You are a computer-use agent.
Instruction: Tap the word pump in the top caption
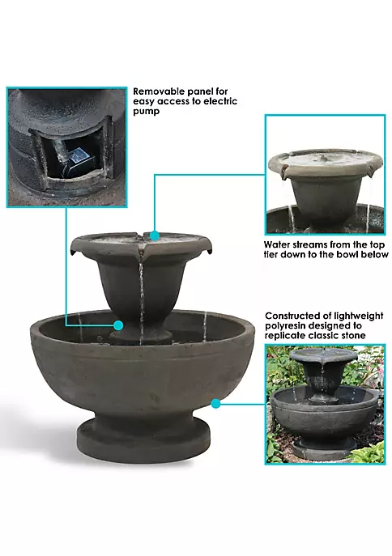[146, 112]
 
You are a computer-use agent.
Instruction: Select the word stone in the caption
[352, 336]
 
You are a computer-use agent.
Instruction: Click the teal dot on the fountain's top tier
[155, 236]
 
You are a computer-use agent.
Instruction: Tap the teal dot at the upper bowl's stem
[118, 325]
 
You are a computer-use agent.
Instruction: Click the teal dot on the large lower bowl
[215, 404]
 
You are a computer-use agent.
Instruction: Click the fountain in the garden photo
[323, 401]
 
